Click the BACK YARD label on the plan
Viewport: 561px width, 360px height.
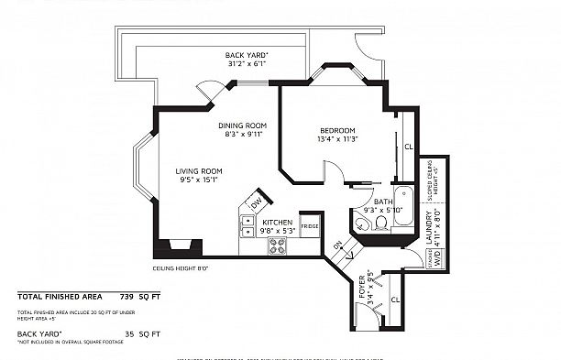[x=247, y=56]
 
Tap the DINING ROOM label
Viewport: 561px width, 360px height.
[x=243, y=125]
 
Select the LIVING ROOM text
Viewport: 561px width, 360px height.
[x=200, y=170]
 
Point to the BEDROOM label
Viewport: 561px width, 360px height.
[x=336, y=130]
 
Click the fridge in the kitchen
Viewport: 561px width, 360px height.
[x=310, y=225]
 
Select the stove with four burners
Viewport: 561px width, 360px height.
[x=276, y=245]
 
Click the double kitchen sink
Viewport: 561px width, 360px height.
[x=247, y=224]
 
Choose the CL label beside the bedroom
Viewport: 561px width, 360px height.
[x=408, y=146]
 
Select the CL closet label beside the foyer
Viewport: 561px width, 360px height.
[x=395, y=300]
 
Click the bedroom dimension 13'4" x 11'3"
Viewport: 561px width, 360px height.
[x=336, y=140]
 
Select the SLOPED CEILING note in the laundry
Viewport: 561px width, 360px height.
[x=430, y=183]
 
